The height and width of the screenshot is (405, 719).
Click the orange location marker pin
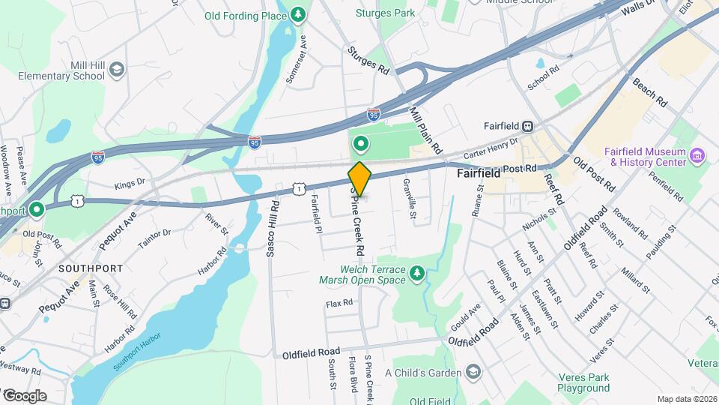(x=359, y=178)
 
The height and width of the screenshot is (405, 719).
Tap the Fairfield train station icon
(x=528, y=127)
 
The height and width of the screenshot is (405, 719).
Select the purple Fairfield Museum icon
(x=697, y=156)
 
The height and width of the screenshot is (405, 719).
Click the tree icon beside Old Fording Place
(x=299, y=15)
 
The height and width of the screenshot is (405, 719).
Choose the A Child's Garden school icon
(x=473, y=372)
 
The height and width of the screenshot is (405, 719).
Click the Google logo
(x=24, y=395)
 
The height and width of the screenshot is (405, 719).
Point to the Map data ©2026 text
(x=686, y=399)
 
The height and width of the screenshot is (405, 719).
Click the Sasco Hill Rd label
(x=273, y=229)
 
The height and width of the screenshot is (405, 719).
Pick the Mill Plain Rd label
(x=425, y=125)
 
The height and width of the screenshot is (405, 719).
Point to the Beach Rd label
(x=649, y=92)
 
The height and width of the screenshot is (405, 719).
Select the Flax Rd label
(x=339, y=304)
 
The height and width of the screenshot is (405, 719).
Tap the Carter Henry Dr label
(x=491, y=145)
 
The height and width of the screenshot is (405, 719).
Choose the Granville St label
(x=410, y=199)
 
